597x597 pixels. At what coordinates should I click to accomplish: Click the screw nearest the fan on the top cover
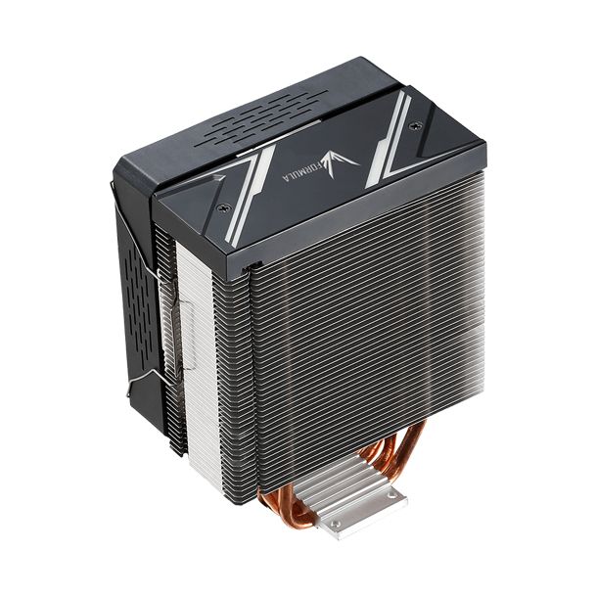[221, 207]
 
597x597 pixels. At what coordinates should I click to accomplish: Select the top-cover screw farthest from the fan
[416, 124]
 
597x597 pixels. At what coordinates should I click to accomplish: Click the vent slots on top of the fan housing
[260, 118]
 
